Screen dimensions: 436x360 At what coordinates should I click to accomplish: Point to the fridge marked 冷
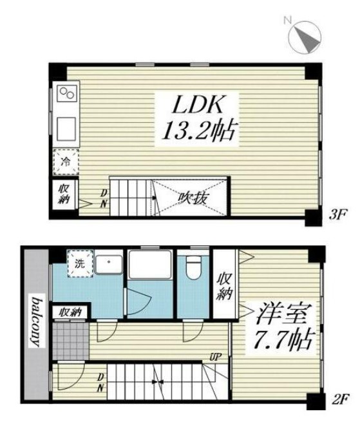coord(66,161)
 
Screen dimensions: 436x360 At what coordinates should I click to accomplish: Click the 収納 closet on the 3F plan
coord(65,194)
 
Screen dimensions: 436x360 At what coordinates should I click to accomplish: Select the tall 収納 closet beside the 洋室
coord(223,285)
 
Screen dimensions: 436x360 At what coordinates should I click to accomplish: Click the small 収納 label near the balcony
coord(71,312)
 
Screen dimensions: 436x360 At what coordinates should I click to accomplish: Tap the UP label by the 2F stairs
coord(214,355)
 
